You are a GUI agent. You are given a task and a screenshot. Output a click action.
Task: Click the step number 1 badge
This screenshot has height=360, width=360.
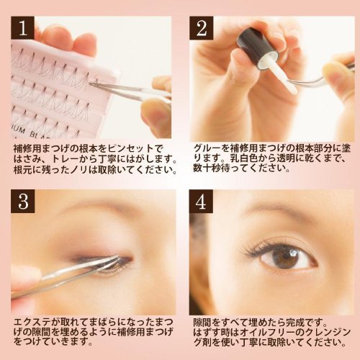point(23,28)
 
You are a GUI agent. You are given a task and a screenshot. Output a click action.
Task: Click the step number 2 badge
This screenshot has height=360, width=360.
point(201,28)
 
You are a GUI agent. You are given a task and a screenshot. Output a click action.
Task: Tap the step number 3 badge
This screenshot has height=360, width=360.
point(23,201)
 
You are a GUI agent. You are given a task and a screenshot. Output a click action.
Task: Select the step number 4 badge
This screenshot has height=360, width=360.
point(201,201)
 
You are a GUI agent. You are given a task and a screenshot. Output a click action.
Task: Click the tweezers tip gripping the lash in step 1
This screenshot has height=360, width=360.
point(91,84)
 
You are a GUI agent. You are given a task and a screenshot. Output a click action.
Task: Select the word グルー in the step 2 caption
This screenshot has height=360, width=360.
point(207,148)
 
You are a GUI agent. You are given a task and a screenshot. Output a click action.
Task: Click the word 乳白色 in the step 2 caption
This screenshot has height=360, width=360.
point(244,158)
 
